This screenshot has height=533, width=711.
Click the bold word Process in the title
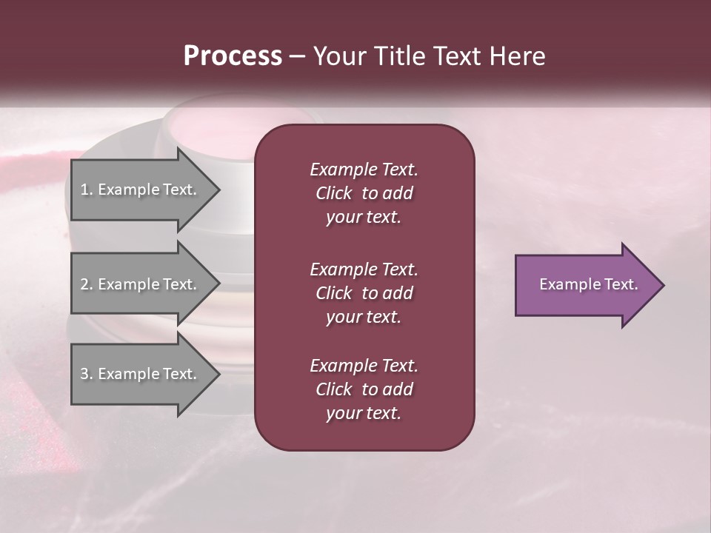point(233,56)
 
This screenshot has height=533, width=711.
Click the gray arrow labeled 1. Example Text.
point(141,190)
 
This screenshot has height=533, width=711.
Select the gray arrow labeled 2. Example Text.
point(141,284)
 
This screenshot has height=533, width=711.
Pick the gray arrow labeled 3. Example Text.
point(141,374)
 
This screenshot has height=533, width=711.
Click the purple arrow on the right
point(585,285)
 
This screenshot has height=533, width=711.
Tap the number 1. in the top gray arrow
point(87,190)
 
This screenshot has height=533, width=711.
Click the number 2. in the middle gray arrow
point(87,284)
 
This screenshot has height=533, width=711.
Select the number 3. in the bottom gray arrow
point(87,374)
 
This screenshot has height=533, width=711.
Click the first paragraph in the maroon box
point(364,193)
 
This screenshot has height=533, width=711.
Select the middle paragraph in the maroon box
point(364,292)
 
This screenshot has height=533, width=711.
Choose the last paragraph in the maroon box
point(364,389)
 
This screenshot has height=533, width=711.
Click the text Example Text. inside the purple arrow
point(588,284)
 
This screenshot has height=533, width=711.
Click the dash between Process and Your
point(297,57)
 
